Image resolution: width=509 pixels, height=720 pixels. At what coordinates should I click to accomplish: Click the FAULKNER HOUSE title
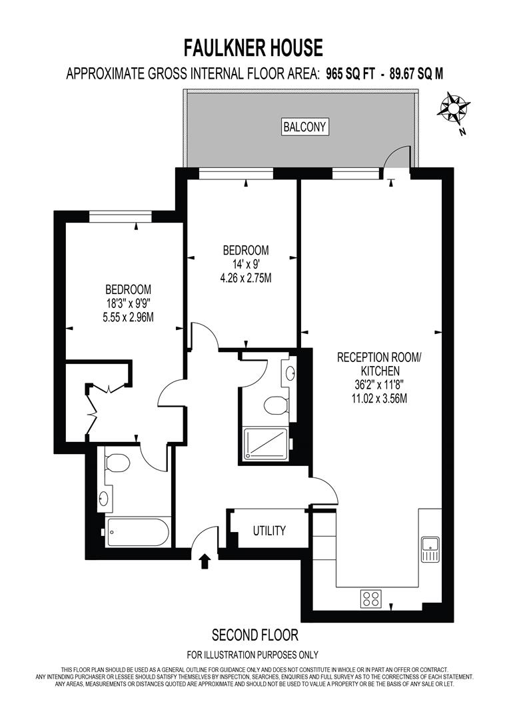[253, 48]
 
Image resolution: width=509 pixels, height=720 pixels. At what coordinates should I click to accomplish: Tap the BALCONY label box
[304, 127]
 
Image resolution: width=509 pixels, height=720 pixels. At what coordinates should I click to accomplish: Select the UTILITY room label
[269, 531]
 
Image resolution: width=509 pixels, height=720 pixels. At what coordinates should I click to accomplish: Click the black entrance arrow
[205, 561]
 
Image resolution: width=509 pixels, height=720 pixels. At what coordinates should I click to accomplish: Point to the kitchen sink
[430, 549]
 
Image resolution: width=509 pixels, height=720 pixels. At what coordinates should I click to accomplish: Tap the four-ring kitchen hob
[371, 598]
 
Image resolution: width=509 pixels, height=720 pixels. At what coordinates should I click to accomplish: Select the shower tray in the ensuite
[266, 443]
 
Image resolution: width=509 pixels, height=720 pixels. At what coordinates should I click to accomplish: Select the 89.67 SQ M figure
[416, 73]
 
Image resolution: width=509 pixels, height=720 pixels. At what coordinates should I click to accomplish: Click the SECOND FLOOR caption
[254, 635]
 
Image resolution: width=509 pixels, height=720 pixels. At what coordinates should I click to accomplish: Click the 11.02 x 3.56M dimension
[379, 398]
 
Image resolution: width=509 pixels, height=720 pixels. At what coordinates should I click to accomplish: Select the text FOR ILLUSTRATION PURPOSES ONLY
[253, 655]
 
